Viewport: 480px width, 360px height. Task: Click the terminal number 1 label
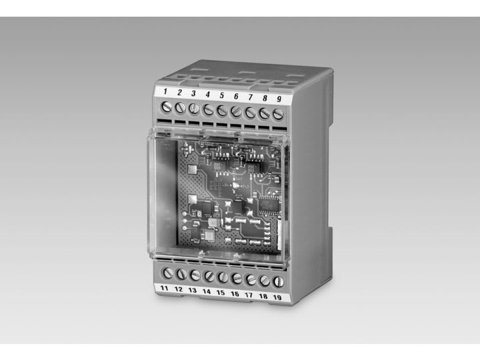(165, 91)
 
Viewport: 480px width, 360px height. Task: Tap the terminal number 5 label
(221, 95)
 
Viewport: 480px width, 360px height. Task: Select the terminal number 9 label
(279, 99)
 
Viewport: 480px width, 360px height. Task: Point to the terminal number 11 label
(165, 288)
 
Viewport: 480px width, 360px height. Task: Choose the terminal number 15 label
(221, 293)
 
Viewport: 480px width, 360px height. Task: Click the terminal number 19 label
(277, 297)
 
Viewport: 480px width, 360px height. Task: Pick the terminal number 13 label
(192, 290)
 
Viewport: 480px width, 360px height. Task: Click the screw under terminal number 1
(167, 107)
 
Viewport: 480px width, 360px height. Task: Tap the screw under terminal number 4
(208, 109)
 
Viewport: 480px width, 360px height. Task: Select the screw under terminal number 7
(250, 113)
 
